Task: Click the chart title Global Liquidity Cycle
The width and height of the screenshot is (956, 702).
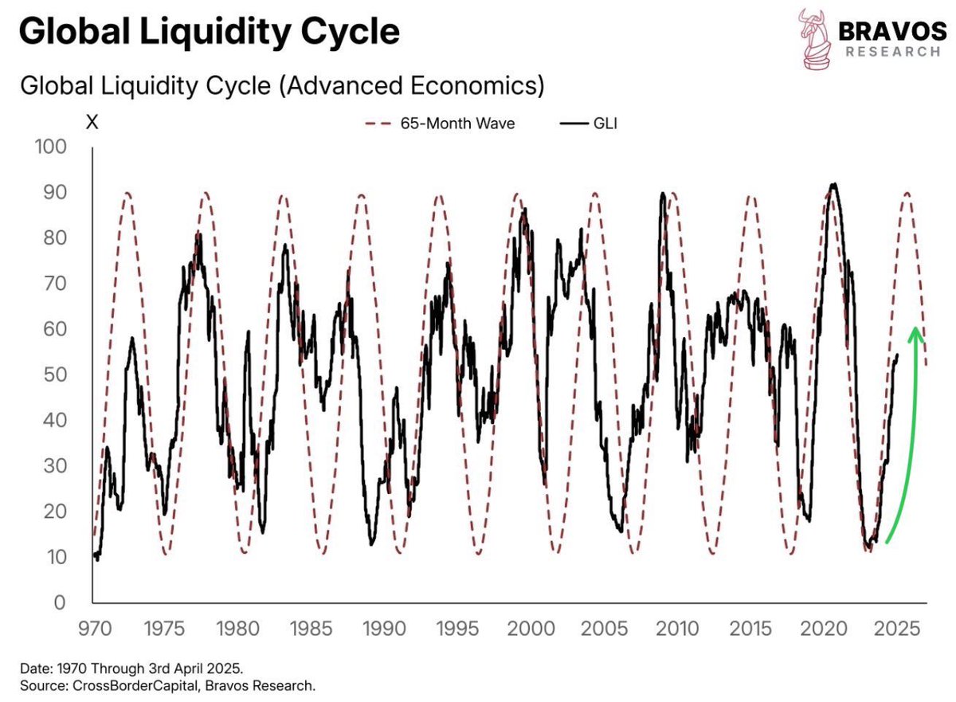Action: click(x=209, y=33)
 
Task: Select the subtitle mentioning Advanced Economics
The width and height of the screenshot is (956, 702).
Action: click(x=282, y=85)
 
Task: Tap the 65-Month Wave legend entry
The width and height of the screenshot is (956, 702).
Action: click(x=440, y=125)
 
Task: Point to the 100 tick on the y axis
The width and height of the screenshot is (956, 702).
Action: click(x=53, y=147)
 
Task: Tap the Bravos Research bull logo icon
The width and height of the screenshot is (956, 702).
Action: click(x=814, y=38)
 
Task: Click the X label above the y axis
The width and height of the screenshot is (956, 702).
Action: click(x=92, y=124)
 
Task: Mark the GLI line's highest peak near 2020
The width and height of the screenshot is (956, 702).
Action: click(x=833, y=185)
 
